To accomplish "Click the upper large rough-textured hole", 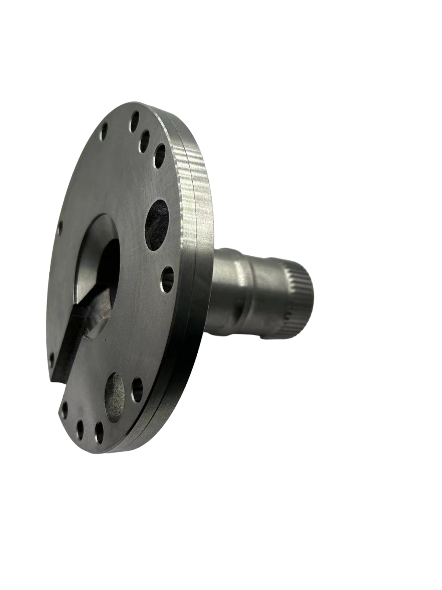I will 157,224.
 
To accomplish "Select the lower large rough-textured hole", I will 115,397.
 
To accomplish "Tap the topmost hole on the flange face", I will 135,121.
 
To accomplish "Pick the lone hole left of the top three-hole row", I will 104,131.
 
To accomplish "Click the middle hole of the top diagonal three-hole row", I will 145,140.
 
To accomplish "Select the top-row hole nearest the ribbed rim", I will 159,155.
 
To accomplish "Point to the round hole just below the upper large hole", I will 168,279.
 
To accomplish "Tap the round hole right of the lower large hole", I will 137,389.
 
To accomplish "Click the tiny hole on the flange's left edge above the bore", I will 60,227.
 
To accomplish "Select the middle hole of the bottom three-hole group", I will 80,429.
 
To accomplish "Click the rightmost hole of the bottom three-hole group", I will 99,432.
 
